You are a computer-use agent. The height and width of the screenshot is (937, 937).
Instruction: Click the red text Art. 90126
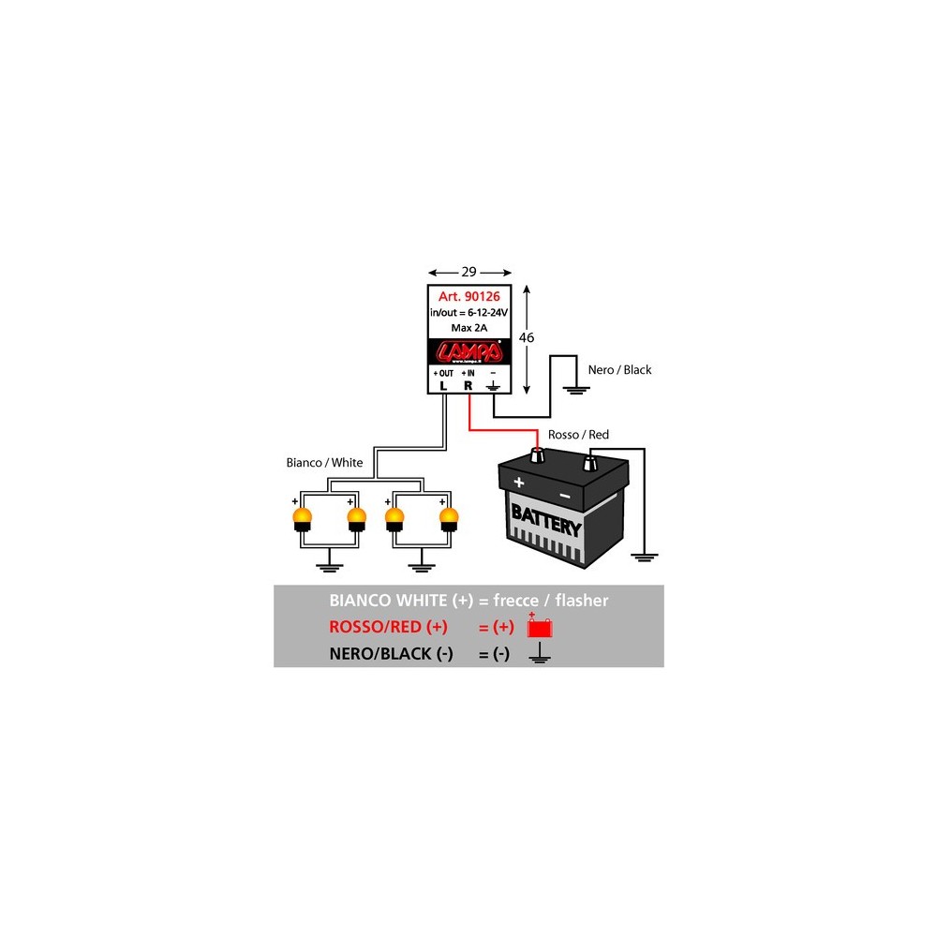pos(469,297)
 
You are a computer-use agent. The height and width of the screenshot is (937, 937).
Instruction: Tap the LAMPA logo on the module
pos(469,351)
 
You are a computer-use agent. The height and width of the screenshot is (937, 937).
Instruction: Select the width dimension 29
pos(469,272)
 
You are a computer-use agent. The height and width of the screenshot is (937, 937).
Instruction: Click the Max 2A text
pos(468,327)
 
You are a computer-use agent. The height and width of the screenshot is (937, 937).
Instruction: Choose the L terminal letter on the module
pos(443,384)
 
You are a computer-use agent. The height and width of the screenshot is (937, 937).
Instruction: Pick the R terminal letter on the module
pos(468,384)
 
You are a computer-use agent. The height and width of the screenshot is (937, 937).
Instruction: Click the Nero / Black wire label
pos(618,370)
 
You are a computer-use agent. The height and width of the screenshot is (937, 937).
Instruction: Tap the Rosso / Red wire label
pos(577,436)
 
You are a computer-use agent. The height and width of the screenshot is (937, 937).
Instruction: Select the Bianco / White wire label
pos(324,463)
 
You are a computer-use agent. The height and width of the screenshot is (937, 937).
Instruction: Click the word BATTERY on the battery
pos(545,521)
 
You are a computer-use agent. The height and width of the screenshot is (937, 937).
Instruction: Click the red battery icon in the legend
pos(536,627)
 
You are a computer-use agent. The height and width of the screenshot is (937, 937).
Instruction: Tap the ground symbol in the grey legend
pos(538,654)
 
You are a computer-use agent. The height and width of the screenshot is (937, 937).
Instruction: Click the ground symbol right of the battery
pos(642,557)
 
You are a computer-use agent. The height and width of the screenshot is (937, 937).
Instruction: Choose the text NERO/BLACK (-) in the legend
pos(391,654)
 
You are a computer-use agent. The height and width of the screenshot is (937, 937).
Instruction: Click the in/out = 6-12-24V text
pos(469,312)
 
